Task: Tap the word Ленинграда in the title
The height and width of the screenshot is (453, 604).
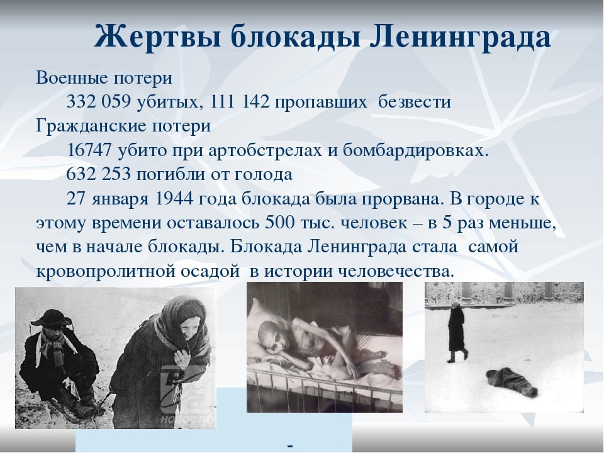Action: point(460,37)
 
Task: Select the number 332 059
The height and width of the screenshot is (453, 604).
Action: point(99,102)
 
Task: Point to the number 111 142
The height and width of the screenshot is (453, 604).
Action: point(240,102)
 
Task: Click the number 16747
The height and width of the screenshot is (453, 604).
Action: point(89,150)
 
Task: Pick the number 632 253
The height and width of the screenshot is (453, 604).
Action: point(99,174)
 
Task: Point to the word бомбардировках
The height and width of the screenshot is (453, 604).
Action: point(415,150)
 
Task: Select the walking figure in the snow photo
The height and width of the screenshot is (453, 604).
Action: point(457,332)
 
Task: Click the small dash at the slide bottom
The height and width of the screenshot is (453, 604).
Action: point(290,446)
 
